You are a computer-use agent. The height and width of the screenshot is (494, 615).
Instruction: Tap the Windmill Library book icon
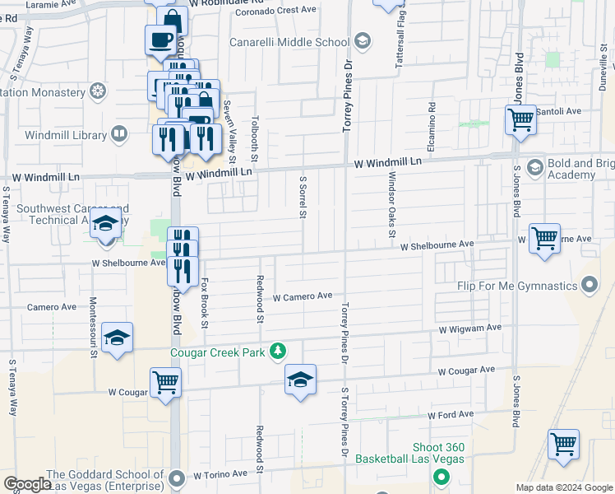[119, 133]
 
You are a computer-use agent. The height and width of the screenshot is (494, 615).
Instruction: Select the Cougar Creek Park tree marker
[279, 352]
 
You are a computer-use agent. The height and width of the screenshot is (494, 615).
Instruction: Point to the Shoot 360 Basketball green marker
[441, 476]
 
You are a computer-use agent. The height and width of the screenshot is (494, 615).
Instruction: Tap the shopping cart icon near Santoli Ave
[521, 120]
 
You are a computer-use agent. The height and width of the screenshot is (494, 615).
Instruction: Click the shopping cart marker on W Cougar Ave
[165, 383]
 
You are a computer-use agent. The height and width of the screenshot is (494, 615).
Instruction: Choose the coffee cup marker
[160, 40]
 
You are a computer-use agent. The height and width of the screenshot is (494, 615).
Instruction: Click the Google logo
[27, 483]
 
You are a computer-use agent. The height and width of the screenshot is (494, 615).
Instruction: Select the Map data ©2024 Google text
[564, 487]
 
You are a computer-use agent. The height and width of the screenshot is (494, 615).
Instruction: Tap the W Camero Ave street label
[302, 296]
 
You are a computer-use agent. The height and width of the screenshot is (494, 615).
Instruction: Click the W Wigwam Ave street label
[469, 328]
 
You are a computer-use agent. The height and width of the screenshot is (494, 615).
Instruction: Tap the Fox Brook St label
[204, 302]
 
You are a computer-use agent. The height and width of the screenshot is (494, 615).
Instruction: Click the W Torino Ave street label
[220, 475]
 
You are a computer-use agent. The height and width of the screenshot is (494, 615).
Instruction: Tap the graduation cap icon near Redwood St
[301, 380]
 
